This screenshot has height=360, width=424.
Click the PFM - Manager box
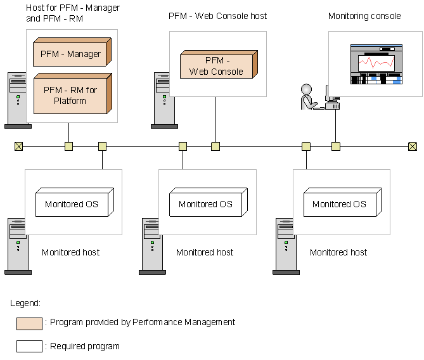[70, 54]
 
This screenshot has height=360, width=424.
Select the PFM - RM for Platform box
[70, 95]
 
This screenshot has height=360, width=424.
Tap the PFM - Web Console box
[216, 67]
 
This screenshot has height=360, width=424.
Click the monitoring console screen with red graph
[376, 64]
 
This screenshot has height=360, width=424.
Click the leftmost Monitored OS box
[72, 203]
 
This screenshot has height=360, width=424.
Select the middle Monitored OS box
[205, 203]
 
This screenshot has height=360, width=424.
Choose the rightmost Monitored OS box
[339, 203]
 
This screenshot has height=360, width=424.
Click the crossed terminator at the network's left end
[18, 146]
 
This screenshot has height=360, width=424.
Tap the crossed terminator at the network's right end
[413, 146]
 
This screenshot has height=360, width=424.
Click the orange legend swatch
[29, 324]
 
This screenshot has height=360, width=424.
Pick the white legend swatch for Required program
[29, 346]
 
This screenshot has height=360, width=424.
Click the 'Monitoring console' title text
[364, 16]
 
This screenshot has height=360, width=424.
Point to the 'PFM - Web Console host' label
[218, 16]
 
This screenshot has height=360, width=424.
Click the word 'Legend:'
[25, 303]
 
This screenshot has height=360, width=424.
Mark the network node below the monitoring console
[336, 146]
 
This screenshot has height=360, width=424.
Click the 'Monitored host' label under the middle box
[205, 252]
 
